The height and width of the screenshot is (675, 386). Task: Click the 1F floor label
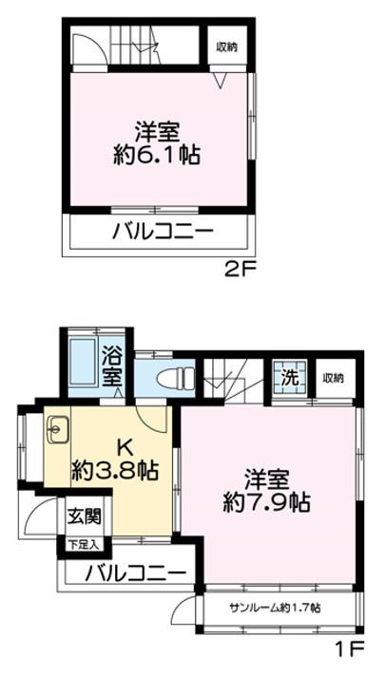pyautogui.click(x=348, y=651)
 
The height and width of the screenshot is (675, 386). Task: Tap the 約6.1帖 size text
pyautogui.click(x=159, y=154)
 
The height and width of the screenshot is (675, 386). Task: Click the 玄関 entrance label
pyautogui.click(x=82, y=519)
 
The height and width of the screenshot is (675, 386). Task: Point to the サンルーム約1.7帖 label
pyautogui.click(x=274, y=608)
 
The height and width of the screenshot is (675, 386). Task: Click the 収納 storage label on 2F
pyautogui.click(x=226, y=46)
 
